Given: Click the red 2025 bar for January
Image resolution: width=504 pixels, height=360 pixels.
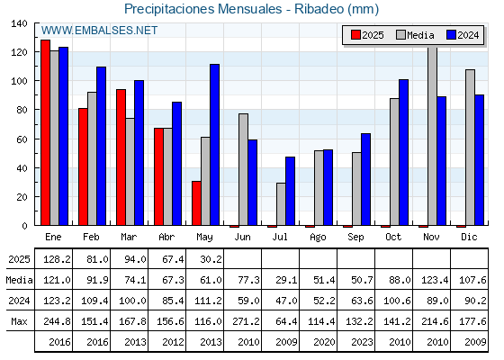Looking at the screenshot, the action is click(45, 132).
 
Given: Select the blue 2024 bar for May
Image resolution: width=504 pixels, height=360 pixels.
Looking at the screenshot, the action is click(215, 145).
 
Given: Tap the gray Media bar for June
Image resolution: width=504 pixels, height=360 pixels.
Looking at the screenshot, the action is click(243, 169).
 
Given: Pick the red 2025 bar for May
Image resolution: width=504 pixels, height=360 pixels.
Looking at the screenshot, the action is click(196, 203).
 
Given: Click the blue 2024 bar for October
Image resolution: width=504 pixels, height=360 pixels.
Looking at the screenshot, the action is click(404, 152).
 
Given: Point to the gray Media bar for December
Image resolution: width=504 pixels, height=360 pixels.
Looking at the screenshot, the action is click(470, 148).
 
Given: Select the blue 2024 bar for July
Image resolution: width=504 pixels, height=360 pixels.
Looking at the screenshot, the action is click(290, 191).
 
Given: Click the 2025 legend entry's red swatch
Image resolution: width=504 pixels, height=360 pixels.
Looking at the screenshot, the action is click(355, 35).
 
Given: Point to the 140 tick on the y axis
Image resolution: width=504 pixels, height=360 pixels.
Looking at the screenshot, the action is click(19, 23).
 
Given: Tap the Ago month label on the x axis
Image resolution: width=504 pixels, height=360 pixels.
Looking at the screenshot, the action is click(318, 238).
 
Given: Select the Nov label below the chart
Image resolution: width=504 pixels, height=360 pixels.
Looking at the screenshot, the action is click(431, 237).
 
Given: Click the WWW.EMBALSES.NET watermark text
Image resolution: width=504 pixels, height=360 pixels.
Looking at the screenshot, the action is click(99, 31).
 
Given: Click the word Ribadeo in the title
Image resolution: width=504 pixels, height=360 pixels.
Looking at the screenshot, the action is click(319, 9).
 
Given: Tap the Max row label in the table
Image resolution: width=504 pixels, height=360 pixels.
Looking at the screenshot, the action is click(19, 321).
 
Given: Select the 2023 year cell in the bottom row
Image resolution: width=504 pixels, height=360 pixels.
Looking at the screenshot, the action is click(362, 342).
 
